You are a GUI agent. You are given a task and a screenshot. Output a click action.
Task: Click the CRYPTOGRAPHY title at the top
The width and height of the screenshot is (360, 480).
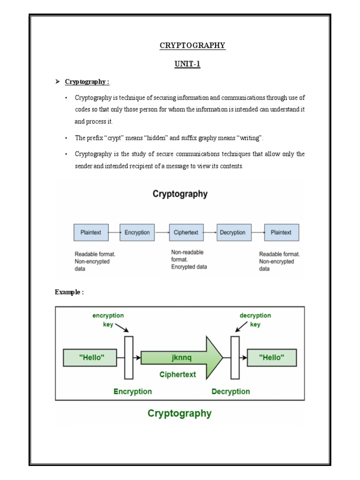192,45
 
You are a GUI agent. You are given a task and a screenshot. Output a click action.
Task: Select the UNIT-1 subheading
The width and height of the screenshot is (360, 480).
187,64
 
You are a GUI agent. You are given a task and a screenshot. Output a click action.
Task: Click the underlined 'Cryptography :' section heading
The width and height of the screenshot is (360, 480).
87,82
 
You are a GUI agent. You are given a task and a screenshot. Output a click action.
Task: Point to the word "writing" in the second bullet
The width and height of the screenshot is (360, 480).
251,138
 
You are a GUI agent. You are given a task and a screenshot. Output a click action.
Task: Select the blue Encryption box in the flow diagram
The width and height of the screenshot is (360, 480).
137,232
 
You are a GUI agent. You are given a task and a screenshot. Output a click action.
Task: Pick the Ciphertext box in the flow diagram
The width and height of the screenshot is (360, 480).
186,232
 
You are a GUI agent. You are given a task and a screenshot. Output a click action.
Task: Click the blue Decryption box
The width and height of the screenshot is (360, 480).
233,232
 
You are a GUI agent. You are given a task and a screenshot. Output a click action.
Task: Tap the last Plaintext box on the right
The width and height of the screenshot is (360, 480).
281,232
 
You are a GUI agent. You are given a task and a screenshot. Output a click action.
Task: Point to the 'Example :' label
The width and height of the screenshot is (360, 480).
69,292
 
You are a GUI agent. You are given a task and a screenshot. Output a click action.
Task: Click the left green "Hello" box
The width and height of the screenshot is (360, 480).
91,357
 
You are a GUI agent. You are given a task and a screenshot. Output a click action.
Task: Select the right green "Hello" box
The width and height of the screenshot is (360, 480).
272,357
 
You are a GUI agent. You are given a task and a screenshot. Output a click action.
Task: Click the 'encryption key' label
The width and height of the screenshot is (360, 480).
108,320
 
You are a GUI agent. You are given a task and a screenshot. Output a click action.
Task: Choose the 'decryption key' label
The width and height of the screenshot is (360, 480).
255,320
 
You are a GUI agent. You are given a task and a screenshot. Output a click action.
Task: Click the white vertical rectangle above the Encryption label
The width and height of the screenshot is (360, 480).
128,357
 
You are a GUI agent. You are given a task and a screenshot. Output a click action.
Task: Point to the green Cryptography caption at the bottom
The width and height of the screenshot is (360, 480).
180,413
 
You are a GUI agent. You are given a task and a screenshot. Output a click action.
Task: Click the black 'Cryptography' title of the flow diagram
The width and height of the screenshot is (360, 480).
180,194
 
